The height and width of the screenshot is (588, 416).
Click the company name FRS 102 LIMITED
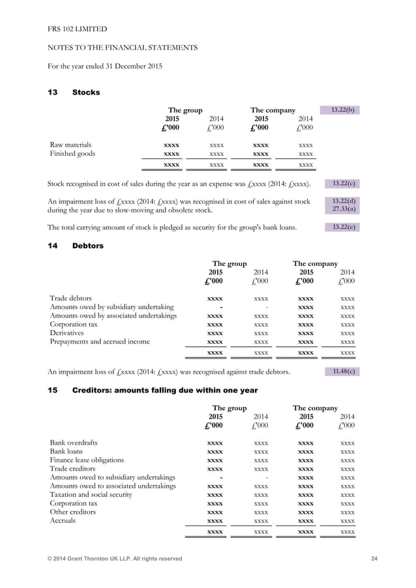point(78,29)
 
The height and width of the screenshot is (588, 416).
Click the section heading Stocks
point(85,93)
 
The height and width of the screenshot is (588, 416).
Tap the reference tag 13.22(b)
point(342,110)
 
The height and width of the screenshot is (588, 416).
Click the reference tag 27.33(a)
point(342,209)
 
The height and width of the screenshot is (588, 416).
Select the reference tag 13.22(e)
point(342,227)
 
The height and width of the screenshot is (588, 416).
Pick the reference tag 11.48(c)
point(342,372)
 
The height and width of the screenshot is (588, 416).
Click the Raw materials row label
point(71,145)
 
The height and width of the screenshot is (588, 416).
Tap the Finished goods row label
point(72,154)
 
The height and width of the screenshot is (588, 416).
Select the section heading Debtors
point(87,246)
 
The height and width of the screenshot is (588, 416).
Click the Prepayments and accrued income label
point(100,341)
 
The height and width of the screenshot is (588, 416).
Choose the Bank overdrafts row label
point(74,443)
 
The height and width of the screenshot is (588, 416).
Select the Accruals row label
point(63,520)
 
